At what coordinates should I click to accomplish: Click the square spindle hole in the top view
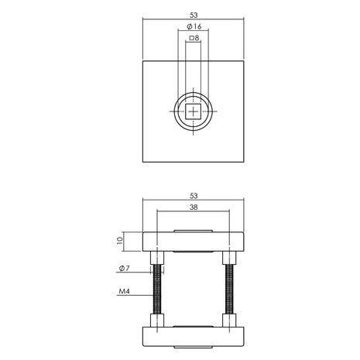(x=194, y=113)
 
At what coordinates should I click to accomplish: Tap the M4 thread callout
(x=123, y=293)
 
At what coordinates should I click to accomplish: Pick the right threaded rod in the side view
(x=229, y=290)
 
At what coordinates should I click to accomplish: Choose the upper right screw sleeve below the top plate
(x=229, y=259)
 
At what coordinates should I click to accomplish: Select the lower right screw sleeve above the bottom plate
(x=229, y=321)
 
